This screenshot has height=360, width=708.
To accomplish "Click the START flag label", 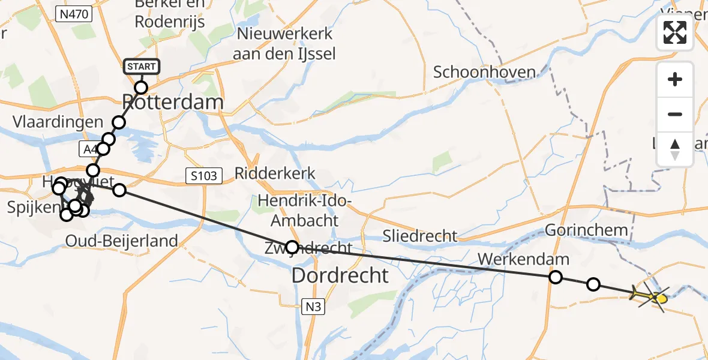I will point(142,66).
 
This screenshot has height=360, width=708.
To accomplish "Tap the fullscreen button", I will point(675,32).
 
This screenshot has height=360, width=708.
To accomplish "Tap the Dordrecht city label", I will point(340,275).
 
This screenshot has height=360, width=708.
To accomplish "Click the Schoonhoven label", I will point(484,73).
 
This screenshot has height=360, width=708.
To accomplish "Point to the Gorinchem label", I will point(586,230).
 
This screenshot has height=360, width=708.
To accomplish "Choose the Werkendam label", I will point(524,260).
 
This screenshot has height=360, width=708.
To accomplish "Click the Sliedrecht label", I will point(420,236).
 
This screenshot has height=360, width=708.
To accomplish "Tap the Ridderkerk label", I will point(275,174).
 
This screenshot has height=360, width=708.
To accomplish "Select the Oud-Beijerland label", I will point(122,241).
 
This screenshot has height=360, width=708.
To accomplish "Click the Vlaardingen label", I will point(58,122).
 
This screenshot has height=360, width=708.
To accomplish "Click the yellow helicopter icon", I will point(651,296).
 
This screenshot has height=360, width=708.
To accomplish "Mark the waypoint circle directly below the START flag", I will point(141,88).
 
